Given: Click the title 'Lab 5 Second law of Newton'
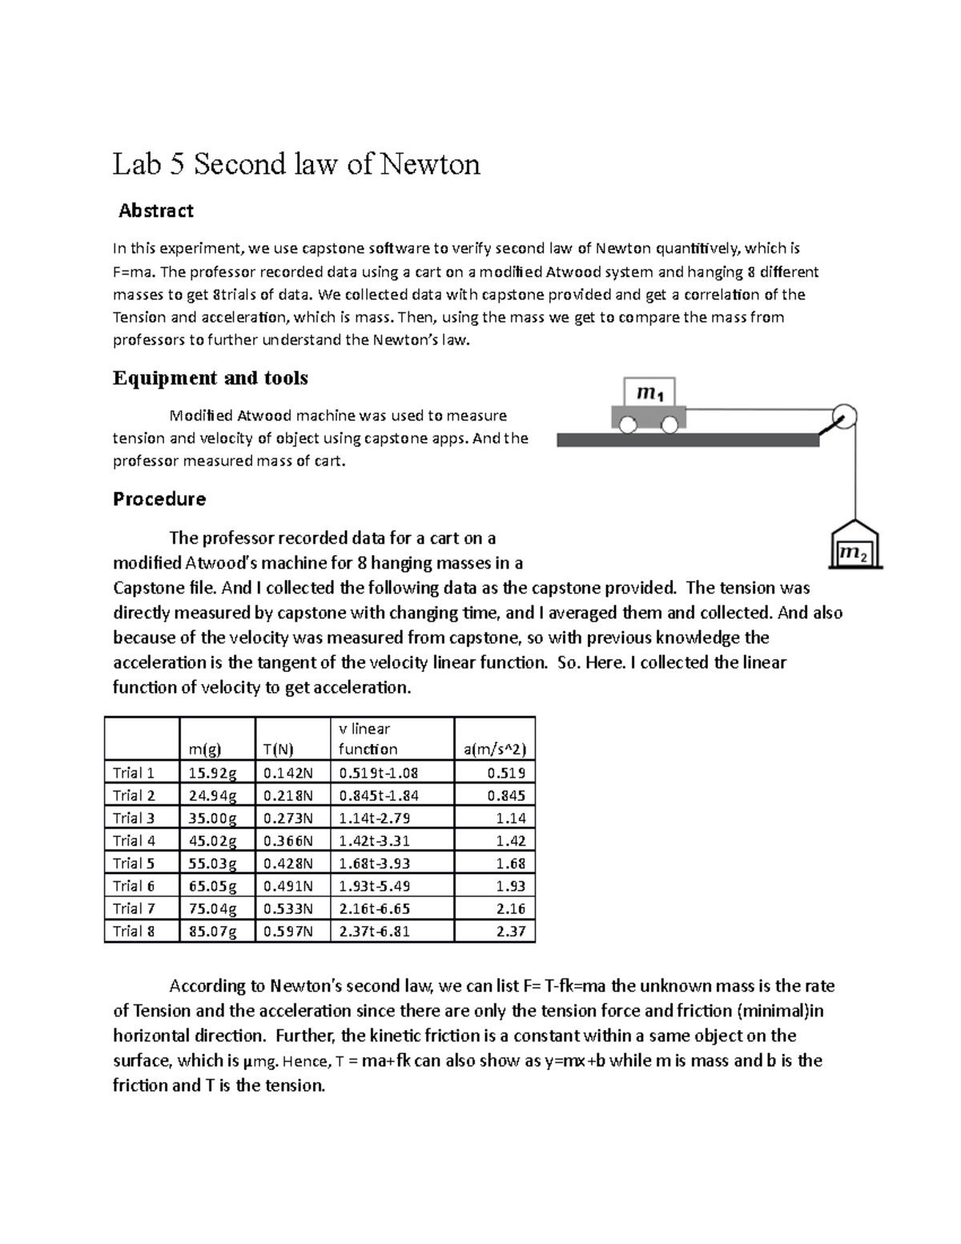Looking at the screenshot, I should click(296, 164).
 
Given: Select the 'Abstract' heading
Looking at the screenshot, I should click(156, 211).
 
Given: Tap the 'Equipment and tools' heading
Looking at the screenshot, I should click(211, 377).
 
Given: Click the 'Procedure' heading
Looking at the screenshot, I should click(159, 499).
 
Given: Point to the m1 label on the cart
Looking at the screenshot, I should click(649, 393).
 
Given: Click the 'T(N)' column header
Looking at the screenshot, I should click(278, 749).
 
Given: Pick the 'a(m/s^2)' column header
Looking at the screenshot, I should click(494, 749).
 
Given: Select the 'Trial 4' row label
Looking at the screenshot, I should click(134, 840).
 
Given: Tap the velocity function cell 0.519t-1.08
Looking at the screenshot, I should click(379, 773).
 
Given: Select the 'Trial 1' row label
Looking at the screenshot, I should click(134, 773).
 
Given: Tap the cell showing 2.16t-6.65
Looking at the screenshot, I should click(379, 908).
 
